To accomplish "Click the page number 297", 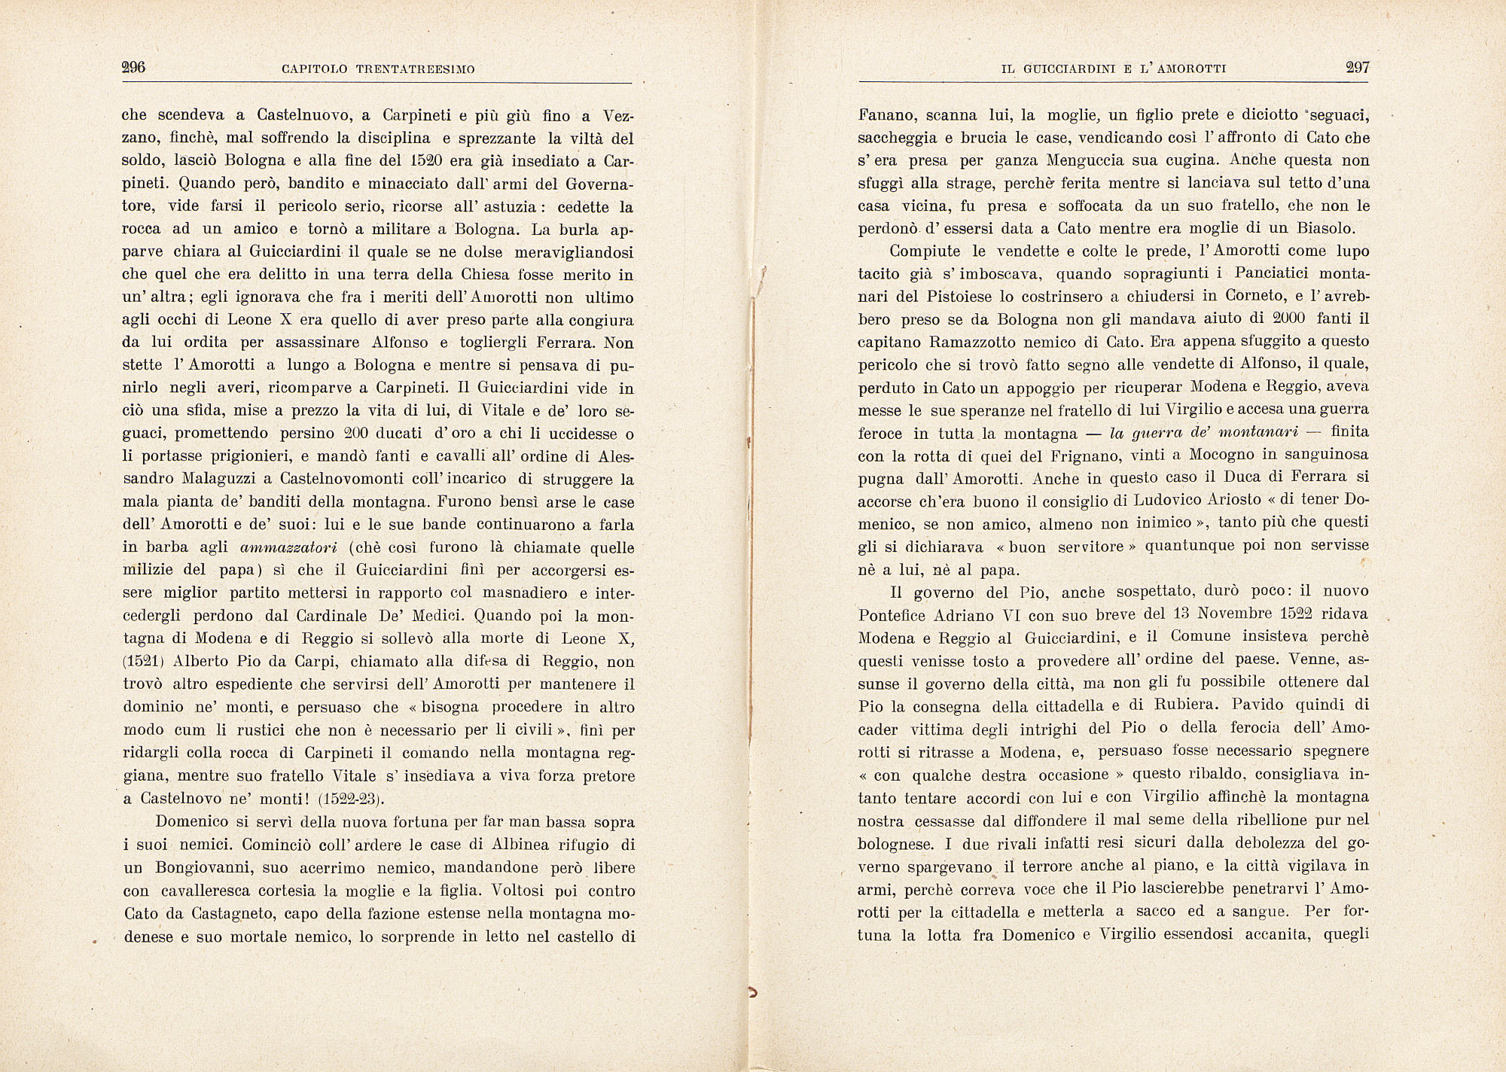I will click(1357, 67).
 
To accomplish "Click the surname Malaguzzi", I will click(227, 479).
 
